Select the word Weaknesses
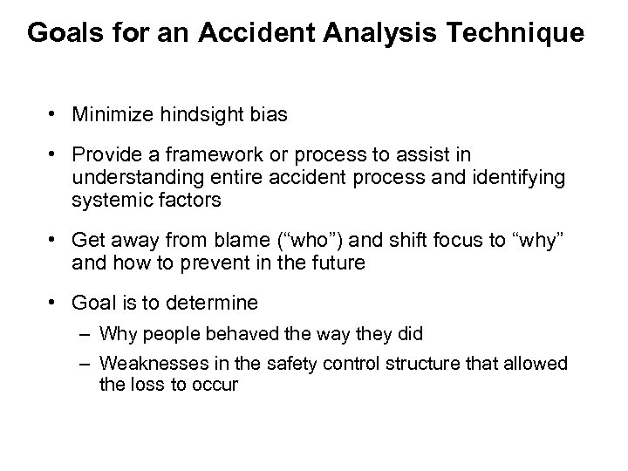(x=147, y=362)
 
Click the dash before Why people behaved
(x=87, y=332)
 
